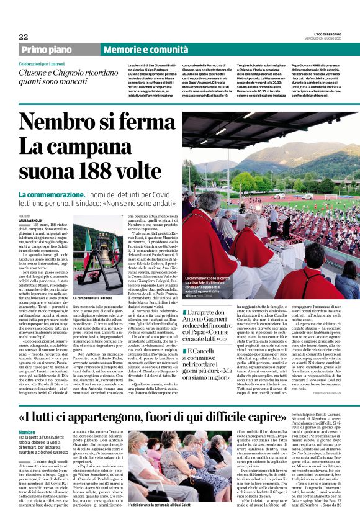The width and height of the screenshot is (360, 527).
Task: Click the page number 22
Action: click(23, 37)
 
